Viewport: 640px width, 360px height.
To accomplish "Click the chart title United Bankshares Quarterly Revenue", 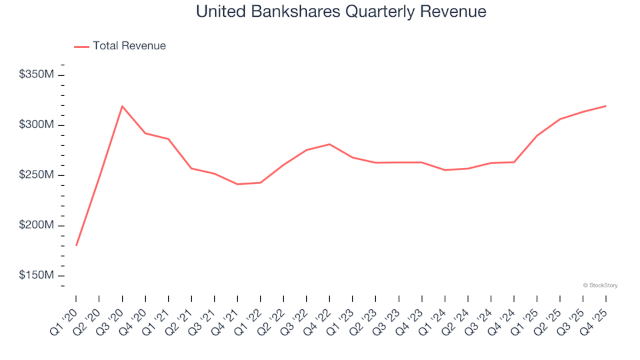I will pyautogui.click(x=341, y=11).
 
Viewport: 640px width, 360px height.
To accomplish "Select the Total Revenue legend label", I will pyautogui.click(x=129, y=46).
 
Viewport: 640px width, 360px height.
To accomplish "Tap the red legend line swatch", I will pyautogui.click(x=81, y=47).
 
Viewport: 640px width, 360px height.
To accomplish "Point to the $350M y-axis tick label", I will pyautogui.click(x=37, y=75).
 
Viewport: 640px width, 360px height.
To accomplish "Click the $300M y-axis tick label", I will pyautogui.click(x=37, y=125).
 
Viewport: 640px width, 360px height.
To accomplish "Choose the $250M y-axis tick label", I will pyautogui.click(x=37, y=175).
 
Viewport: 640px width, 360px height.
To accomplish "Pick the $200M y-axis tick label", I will pyautogui.click(x=37, y=225).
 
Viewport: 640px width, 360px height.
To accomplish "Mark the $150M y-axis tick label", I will pyautogui.click(x=37, y=275).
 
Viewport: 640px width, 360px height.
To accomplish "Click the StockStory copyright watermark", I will pyautogui.click(x=600, y=285).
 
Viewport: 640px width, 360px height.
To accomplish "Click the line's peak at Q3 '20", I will pyautogui.click(x=122, y=106).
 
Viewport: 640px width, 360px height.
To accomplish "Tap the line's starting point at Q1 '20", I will pyautogui.click(x=76, y=245).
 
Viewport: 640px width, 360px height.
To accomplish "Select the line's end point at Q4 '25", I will pyautogui.click(x=605, y=106).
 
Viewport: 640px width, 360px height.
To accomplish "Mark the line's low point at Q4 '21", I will pyautogui.click(x=237, y=184).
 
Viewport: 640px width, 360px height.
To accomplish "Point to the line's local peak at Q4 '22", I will pyautogui.click(x=329, y=144).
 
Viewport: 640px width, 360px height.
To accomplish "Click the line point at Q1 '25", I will pyautogui.click(x=537, y=135).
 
